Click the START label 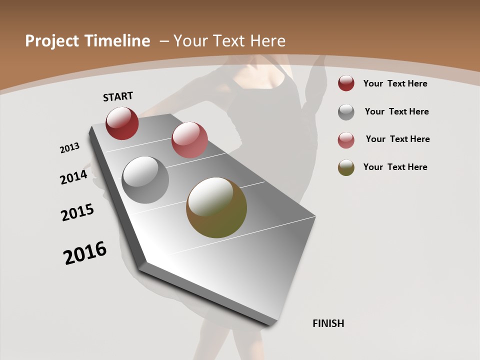pyautogui.click(x=118, y=96)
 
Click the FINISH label pyautogui.click(x=328, y=323)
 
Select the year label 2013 pyautogui.click(x=70, y=148)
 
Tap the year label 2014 pyautogui.click(x=74, y=177)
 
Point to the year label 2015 pyautogui.click(x=77, y=212)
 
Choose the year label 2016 pyautogui.click(x=85, y=253)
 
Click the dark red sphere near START pyautogui.click(x=122, y=123)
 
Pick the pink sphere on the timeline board pyautogui.click(x=189, y=140)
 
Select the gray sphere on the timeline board pyautogui.click(x=145, y=180)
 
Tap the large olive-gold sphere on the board pyautogui.click(x=216, y=207)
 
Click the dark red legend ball pyautogui.click(x=346, y=83)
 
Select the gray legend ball pyautogui.click(x=346, y=112)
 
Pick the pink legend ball pyautogui.click(x=346, y=140)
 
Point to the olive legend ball pyautogui.click(x=346, y=167)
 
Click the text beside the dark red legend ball pyautogui.click(x=395, y=83)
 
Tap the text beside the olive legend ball pyautogui.click(x=395, y=167)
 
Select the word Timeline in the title pyautogui.click(x=118, y=41)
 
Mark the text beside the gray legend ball pyautogui.click(x=396, y=111)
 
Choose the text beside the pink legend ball pyautogui.click(x=397, y=139)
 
